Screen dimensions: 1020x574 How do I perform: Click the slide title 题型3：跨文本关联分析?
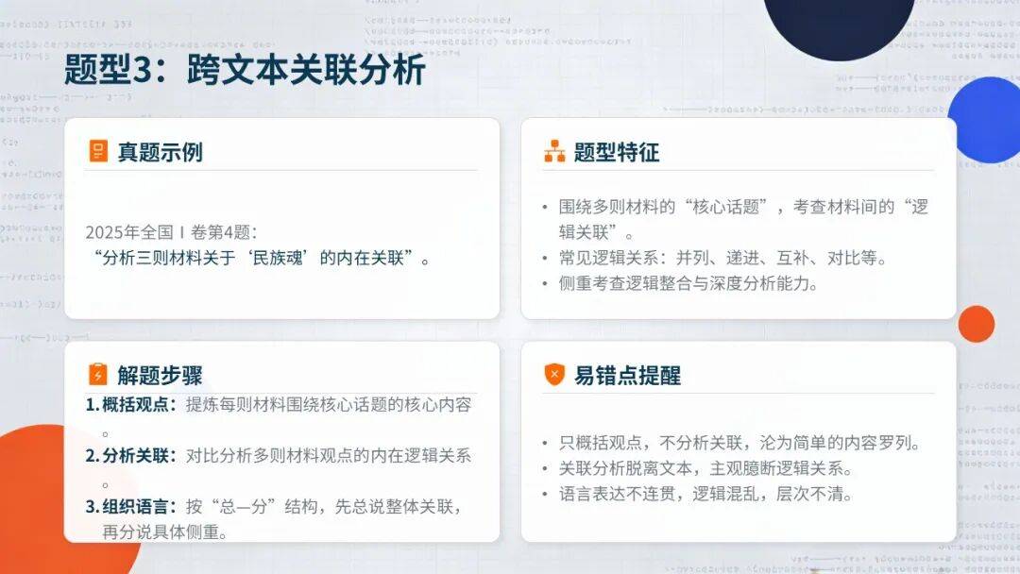pos(245,70)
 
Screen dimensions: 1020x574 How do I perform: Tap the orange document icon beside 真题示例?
pos(98,151)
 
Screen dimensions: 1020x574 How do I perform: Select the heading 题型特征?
pos(616,152)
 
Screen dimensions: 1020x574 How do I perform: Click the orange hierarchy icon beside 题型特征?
pos(554,151)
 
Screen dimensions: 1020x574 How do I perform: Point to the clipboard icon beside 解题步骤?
pos(97,374)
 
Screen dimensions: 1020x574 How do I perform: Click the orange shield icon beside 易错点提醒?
pos(554,375)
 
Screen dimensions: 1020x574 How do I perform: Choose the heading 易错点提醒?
pos(627,376)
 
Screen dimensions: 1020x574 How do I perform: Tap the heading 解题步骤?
pos(160,375)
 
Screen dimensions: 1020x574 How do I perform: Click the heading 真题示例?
pos(160,152)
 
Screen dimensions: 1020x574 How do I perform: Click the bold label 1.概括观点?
pos(130,404)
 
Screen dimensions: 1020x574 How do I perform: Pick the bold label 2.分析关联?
pos(130,456)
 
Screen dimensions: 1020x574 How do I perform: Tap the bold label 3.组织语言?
pos(130,506)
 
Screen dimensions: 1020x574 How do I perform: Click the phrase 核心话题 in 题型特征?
pos(726,207)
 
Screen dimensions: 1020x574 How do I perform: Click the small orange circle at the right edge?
pos(976,324)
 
